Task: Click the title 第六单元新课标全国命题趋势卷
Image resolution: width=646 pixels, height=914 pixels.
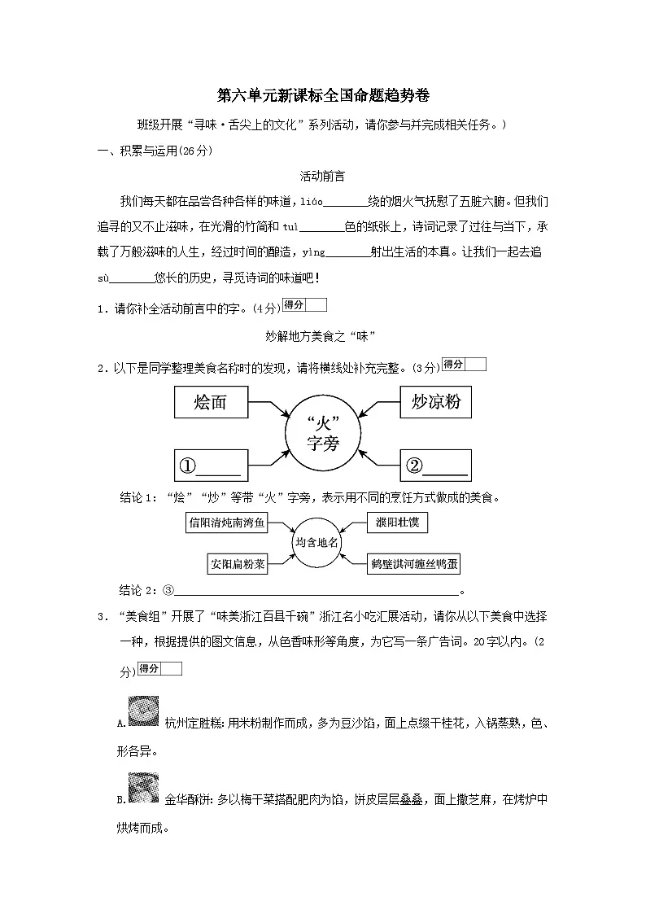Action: pos(322,95)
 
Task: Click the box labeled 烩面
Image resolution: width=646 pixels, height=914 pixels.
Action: pos(211,402)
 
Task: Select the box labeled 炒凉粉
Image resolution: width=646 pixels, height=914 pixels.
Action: pos(436,402)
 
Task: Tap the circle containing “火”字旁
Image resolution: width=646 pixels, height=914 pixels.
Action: pos(323,433)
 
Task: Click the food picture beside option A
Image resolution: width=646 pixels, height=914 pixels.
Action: pos(143,711)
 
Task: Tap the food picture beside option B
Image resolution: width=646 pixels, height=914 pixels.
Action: pos(143,788)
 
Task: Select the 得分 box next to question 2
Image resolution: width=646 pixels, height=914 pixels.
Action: pos(464,365)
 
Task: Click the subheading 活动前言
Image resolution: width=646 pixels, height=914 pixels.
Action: pos(322,176)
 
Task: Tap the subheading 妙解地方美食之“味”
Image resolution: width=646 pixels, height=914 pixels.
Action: pos(322,336)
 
